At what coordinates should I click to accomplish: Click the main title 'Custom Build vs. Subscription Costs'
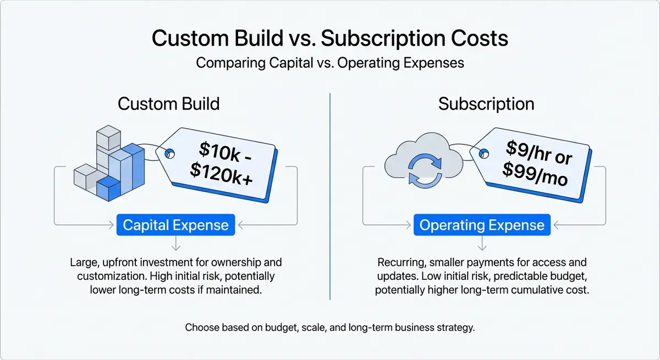tap(329, 39)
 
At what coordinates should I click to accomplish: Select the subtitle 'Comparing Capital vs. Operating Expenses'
tap(329, 63)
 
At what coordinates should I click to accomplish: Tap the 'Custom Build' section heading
tap(168, 104)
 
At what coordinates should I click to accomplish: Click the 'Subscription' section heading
tap(486, 104)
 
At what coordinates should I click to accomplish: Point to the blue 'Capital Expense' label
tap(175, 225)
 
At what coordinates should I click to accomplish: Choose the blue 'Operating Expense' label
tap(482, 225)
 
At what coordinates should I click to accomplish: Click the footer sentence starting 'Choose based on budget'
tap(329, 328)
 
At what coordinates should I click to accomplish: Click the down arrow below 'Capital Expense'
tap(175, 244)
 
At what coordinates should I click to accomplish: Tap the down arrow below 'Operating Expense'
tap(482, 244)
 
